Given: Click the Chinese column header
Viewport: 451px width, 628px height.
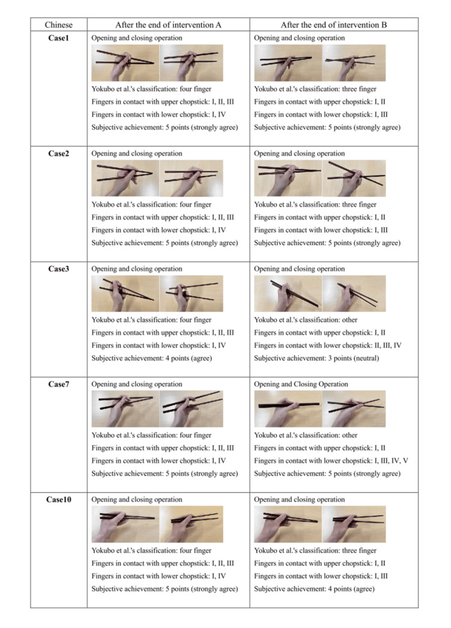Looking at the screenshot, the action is [58, 25].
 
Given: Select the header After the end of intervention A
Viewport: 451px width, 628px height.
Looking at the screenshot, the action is [168, 25].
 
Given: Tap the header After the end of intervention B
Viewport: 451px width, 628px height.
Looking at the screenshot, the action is [334, 25].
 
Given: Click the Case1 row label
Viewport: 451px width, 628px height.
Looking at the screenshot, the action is [58, 38].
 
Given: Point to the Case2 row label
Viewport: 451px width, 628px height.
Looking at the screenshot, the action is [58, 153].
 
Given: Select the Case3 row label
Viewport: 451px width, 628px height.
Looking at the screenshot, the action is [58, 269].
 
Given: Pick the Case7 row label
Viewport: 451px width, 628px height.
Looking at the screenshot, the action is [58, 384].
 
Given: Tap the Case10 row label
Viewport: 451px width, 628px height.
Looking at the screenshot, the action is [58, 499].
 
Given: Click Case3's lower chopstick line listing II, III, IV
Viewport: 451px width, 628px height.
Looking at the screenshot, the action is [328, 345].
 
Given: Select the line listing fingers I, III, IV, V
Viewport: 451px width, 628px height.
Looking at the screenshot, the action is [331, 460].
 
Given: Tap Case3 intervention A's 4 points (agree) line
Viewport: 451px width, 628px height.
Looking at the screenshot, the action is [152, 358].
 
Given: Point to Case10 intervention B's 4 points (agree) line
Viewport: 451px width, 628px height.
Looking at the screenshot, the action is [314, 589].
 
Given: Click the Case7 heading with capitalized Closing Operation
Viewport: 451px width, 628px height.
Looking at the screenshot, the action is [301, 384].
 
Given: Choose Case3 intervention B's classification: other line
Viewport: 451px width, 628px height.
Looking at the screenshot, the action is [305, 320].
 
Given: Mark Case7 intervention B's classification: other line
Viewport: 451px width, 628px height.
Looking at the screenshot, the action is [305, 435].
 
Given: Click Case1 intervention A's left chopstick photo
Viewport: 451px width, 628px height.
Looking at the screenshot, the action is [125, 63].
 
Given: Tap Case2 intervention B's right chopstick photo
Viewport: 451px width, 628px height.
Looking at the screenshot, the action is [354, 178].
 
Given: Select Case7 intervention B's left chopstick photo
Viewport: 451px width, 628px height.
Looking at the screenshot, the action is [288, 409].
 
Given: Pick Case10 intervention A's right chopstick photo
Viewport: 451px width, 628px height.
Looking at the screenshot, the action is [191, 524].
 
